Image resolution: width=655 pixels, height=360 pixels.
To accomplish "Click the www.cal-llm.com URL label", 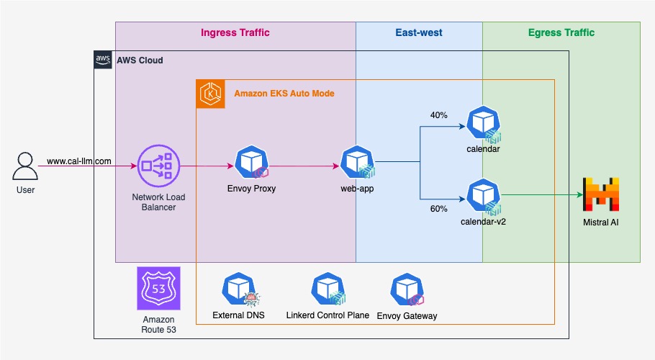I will click(x=78, y=161).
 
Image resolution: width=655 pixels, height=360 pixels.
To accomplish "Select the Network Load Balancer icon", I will click(x=158, y=166).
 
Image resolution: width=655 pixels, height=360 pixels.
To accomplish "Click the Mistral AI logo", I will click(x=600, y=194).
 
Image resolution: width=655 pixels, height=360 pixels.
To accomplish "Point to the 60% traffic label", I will click(x=438, y=209).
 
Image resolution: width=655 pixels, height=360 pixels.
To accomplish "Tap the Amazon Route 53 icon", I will click(x=158, y=289).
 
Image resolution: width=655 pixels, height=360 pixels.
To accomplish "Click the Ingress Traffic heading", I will click(x=235, y=32).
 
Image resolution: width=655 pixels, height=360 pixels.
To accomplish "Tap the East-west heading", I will click(x=418, y=32).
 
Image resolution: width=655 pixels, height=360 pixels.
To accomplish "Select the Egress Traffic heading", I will click(x=561, y=32).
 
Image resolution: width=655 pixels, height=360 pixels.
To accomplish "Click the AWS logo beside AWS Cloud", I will click(x=103, y=60).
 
